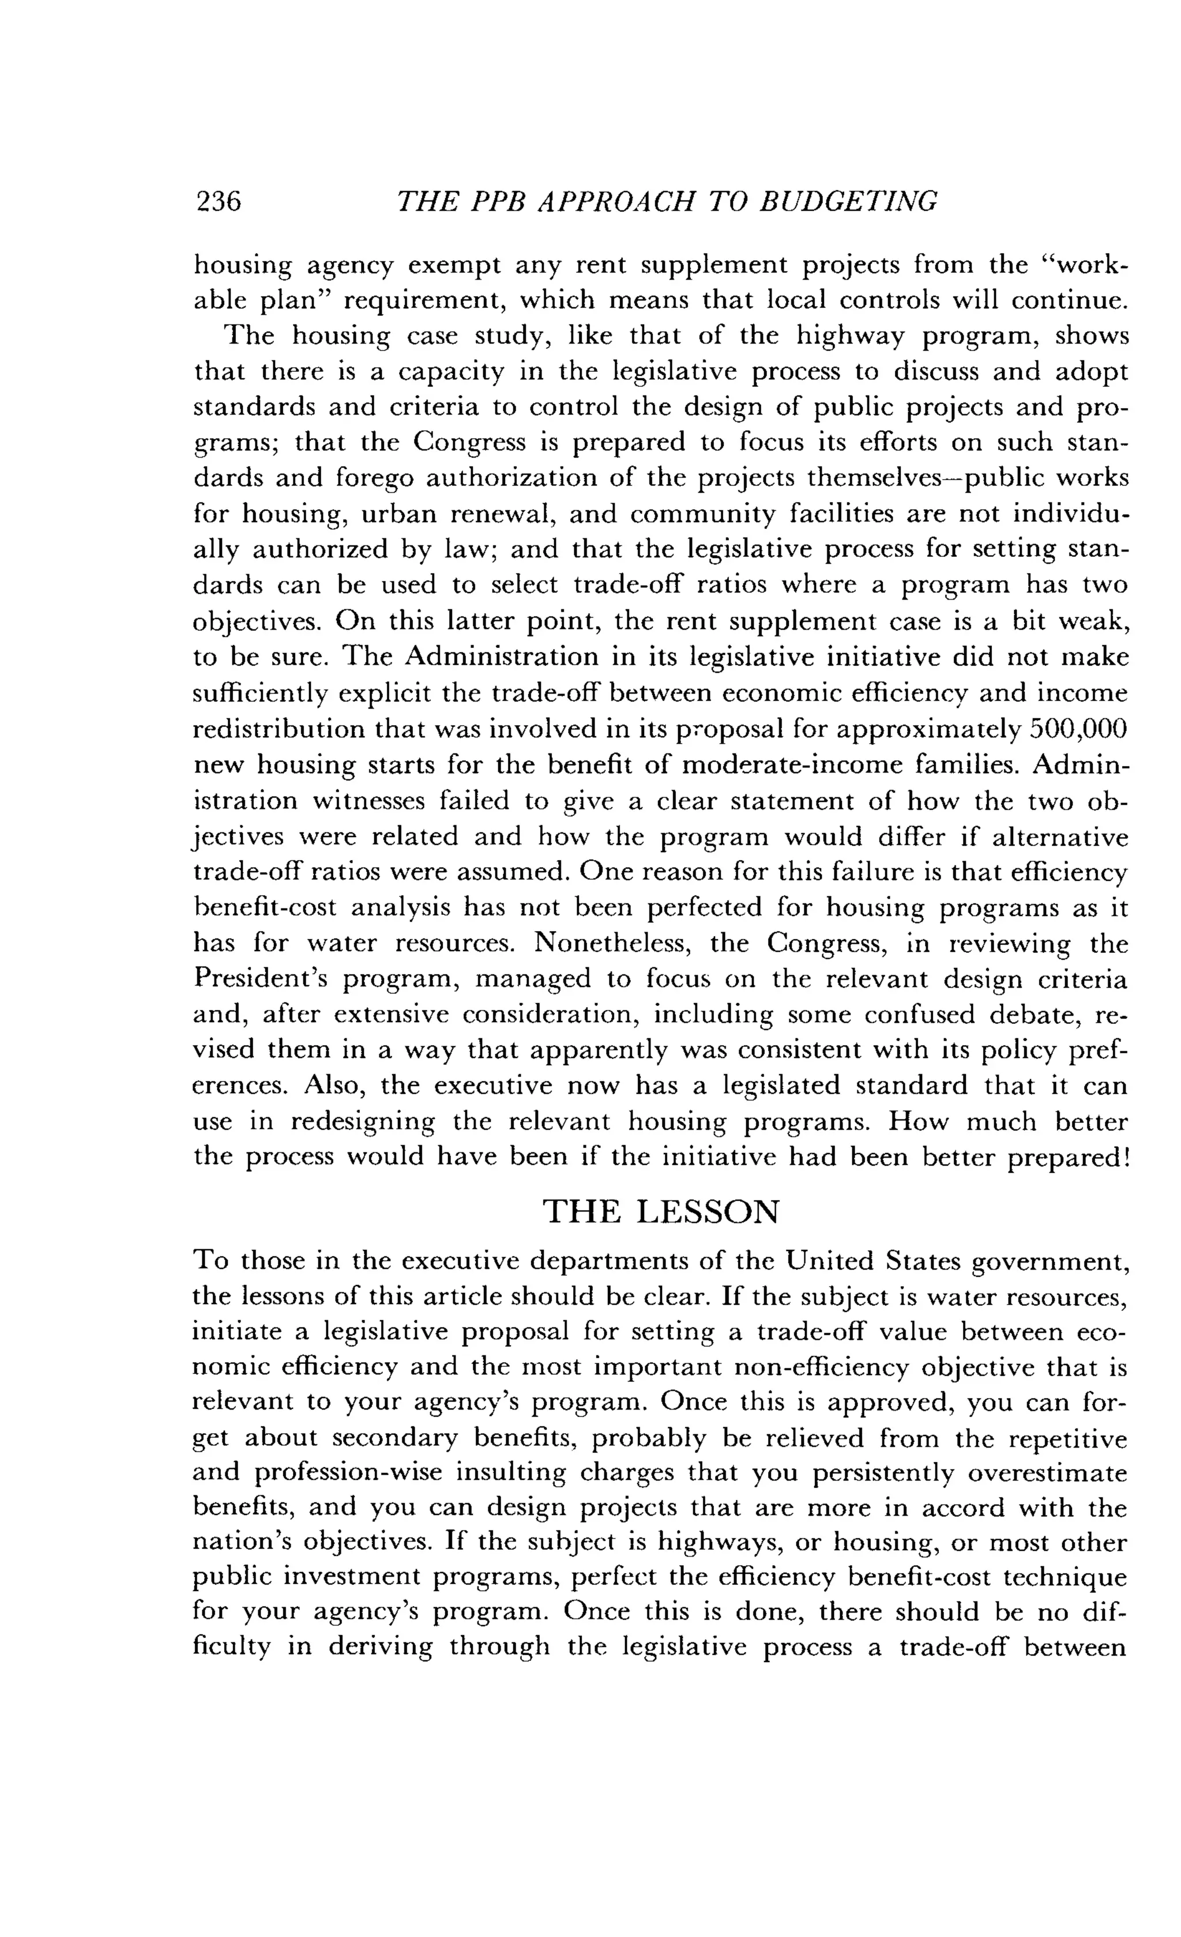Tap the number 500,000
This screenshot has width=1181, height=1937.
pos(1079,729)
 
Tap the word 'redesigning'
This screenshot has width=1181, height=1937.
pos(363,1121)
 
